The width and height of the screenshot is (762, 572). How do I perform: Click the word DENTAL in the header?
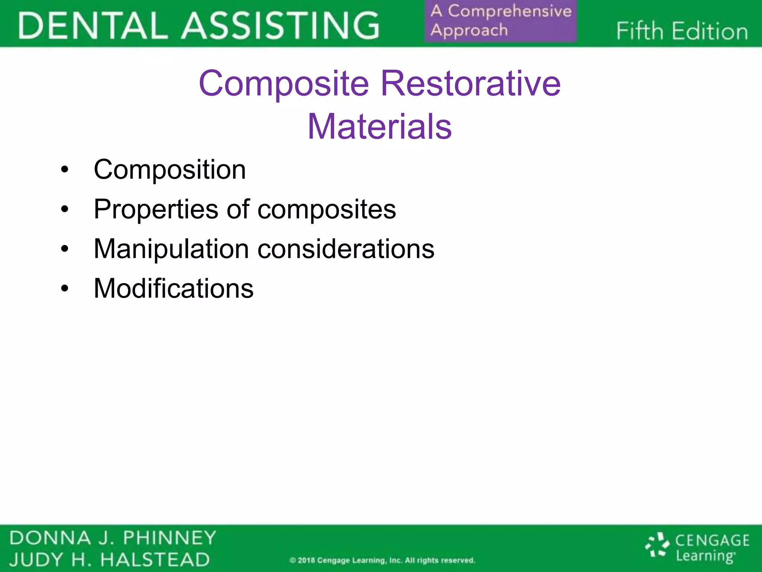pyautogui.click(x=93, y=25)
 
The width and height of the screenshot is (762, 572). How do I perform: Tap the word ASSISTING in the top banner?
pyautogui.click(x=281, y=25)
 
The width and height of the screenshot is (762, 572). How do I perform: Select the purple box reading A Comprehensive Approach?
pyautogui.click(x=500, y=21)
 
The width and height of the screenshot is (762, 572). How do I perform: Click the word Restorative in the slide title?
pyautogui.click(x=471, y=83)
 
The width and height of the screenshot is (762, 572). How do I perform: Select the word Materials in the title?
pyautogui.click(x=380, y=127)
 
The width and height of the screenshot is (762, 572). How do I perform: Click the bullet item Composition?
pyautogui.click(x=170, y=170)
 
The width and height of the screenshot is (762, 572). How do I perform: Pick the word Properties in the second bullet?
pyautogui.click(x=156, y=209)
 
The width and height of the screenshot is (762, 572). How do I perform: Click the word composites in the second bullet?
pyautogui.click(x=327, y=209)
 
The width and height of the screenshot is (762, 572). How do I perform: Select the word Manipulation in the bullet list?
pyautogui.click(x=171, y=249)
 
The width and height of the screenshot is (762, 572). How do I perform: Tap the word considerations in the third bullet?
pyautogui.click(x=346, y=249)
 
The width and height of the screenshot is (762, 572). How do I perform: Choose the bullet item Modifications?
pyautogui.click(x=173, y=289)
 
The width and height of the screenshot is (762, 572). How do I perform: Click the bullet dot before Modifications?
pyautogui.click(x=65, y=289)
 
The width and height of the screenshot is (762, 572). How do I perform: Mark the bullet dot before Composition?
pyautogui.click(x=65, y=170)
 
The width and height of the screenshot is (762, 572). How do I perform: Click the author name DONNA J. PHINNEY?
pyautogui.click(x=112, y=538)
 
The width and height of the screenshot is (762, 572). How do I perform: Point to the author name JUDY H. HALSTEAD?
pyautogui.click(x=109, y=560)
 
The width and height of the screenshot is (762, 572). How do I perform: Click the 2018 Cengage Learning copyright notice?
pyautogui.click(x=382, y=560)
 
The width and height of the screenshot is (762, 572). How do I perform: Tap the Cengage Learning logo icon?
pyautogui.click(x=657, y=546)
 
